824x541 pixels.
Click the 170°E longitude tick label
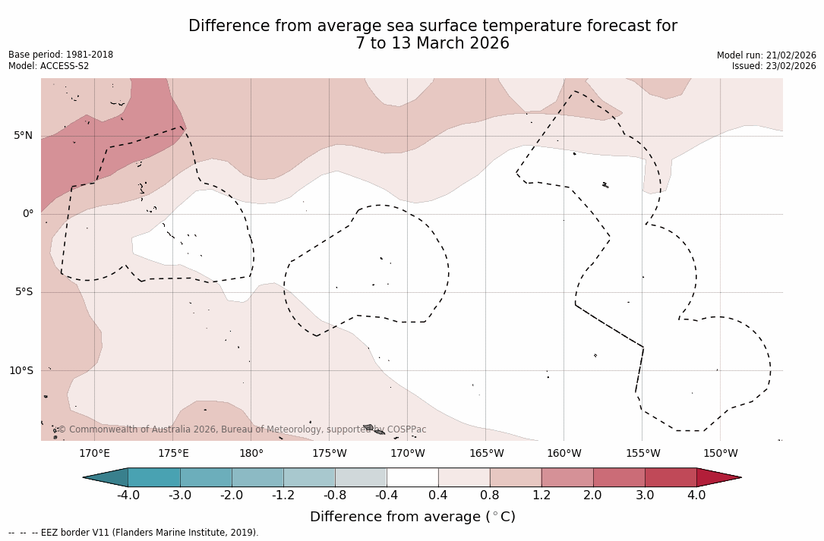pos(94,454)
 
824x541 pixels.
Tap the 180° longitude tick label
pos(251,454)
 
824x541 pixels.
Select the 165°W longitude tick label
pos(486,454)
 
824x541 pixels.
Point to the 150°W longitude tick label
pos(721,454)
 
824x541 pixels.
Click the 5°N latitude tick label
pos(23,136)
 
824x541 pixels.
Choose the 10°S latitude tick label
pos(21,370)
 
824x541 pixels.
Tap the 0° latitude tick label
pos(28,214)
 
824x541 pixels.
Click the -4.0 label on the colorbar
pos(128,495)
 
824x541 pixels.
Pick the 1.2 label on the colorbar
pos(541,495)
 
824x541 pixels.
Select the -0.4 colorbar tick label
pos(386,495)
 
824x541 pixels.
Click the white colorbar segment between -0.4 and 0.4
pos(412,477)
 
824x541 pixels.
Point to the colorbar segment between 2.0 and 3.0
pos(619,477)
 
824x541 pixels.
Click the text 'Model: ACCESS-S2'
pos(49,66)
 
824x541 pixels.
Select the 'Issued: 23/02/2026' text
pos(774,66)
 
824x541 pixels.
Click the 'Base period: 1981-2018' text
pos(61,55)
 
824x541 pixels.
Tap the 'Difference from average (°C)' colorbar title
pos(412,517)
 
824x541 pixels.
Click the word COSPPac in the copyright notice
pos(406,429)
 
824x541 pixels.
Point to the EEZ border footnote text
pos(134,533)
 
